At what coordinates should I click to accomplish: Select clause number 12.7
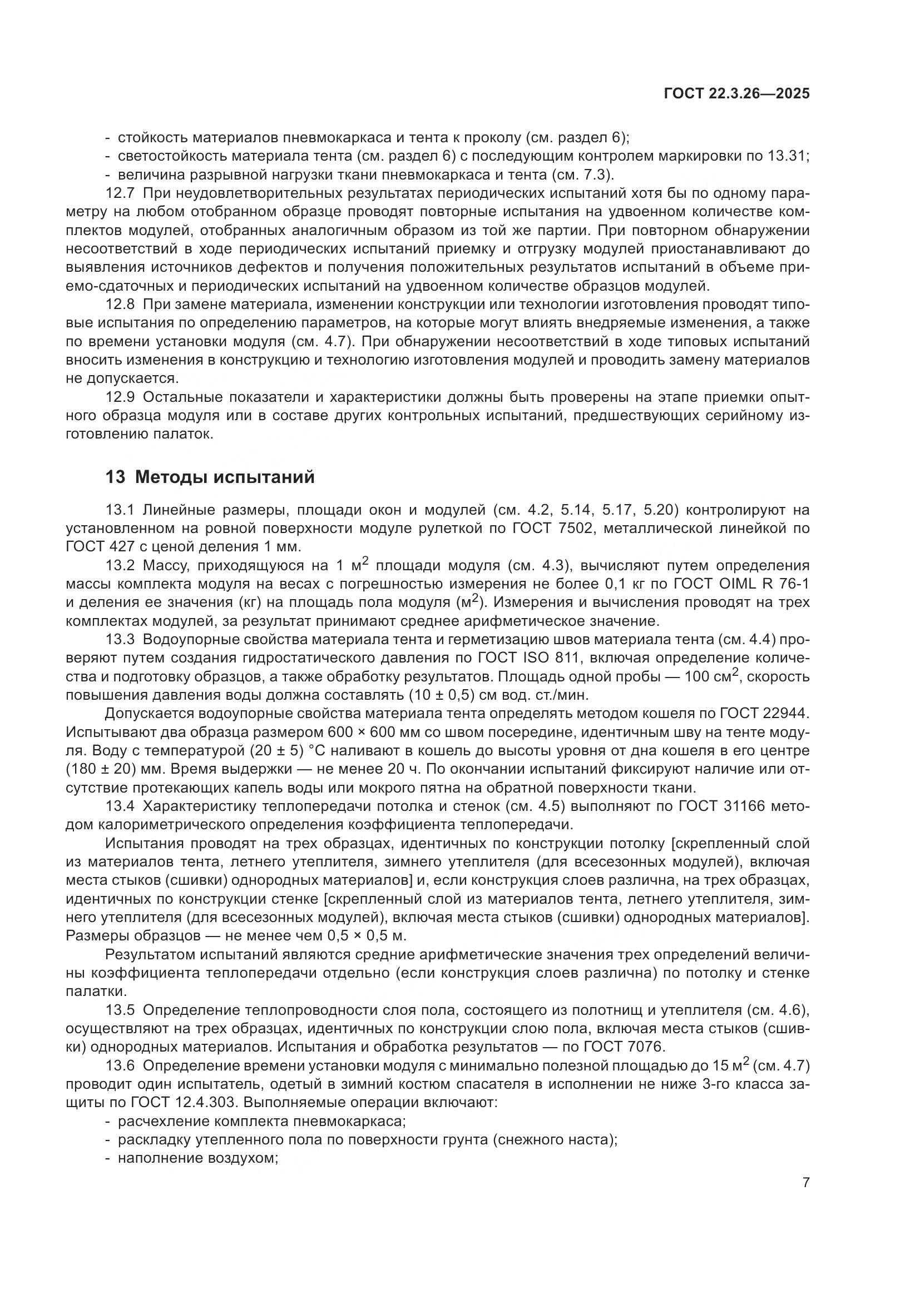[x=120, y=193]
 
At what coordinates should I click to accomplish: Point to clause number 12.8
[x=120, y=304]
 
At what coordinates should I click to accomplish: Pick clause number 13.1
[x=120, y=510]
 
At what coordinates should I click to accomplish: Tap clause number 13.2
[x=120, y=566]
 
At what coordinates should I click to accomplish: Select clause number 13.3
[x=120, y=640]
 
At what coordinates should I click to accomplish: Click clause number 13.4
[x=120, y=806]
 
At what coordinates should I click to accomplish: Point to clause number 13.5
[x=120, y=1010]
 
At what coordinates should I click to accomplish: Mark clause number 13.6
[x=120, y=1066]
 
